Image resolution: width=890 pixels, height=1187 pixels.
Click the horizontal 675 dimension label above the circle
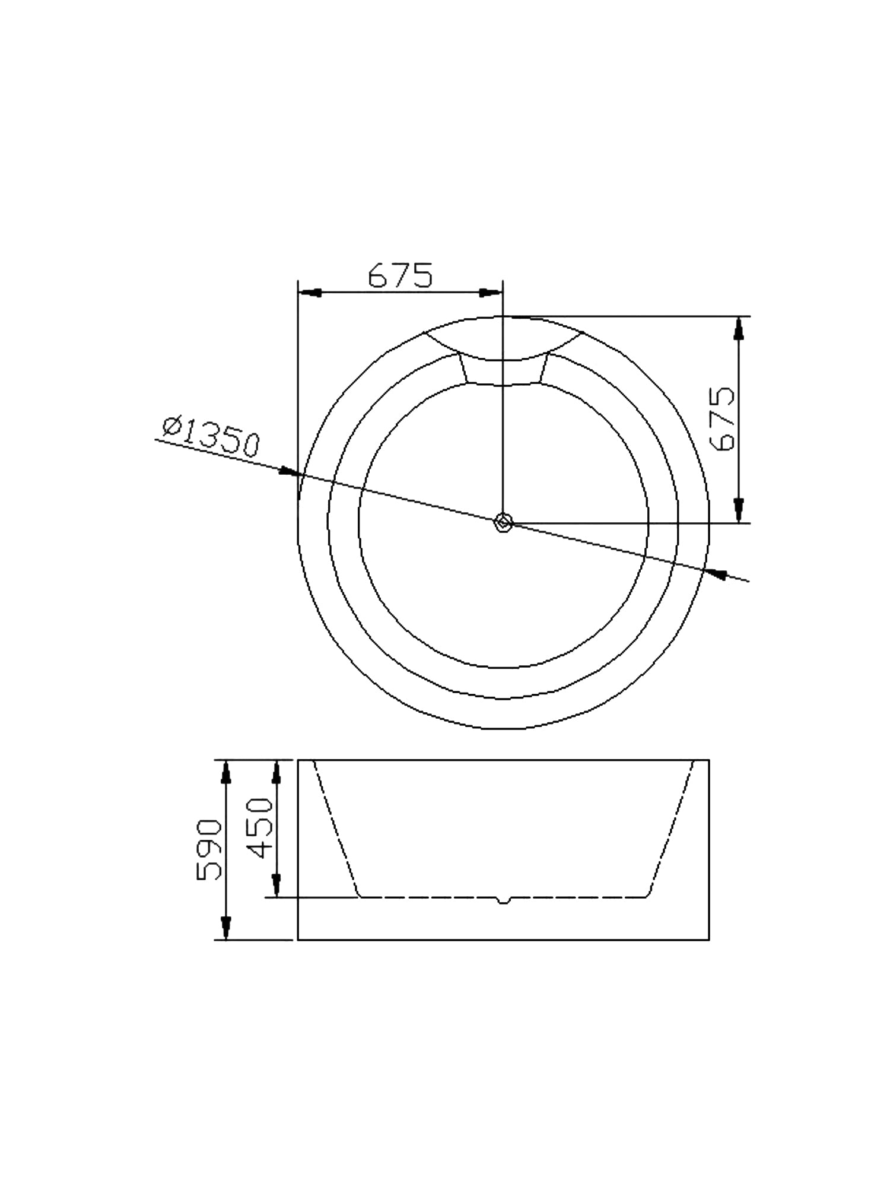(400, 275)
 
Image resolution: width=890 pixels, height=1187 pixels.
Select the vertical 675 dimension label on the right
(725, 419)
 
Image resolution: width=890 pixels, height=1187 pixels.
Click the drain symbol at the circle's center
(503, 523)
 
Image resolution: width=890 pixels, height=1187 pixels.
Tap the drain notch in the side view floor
(503, 900)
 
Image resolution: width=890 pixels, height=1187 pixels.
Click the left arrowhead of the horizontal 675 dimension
(309, 293)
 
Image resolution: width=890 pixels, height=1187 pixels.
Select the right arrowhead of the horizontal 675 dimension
(491, 293)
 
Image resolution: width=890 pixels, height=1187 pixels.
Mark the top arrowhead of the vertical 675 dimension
(739, 328)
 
